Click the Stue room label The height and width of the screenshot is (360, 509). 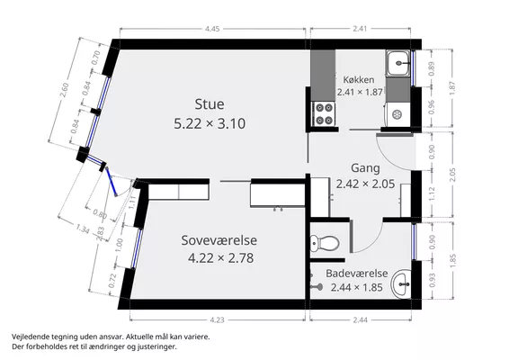point(210,104)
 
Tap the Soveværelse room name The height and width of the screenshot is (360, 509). point(219,240)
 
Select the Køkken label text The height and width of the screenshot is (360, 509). point(359,79)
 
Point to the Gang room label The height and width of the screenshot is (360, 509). point(365,168)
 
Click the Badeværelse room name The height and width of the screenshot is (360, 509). point(357,274)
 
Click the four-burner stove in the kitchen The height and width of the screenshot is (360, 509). point(324,113)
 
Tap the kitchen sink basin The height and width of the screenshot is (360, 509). point(397,63)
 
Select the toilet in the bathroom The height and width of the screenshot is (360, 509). point(325,243)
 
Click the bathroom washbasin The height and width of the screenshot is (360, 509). point(402,284)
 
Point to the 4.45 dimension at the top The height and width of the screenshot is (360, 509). point(212,29)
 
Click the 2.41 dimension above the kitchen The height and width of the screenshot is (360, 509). point(360,29)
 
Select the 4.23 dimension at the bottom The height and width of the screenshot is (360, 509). point(217,320)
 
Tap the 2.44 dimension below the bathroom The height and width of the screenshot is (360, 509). point(361,320)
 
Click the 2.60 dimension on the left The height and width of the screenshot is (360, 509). point(65,90)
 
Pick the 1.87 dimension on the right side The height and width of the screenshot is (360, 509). point(452,88)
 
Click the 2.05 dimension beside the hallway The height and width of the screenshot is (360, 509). point(452,175)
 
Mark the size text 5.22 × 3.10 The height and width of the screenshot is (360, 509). point(210,124)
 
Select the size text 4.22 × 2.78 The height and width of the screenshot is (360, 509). point(220,258)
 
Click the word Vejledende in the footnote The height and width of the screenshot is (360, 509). point(27,337)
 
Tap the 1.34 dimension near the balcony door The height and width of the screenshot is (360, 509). point(83,229)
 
